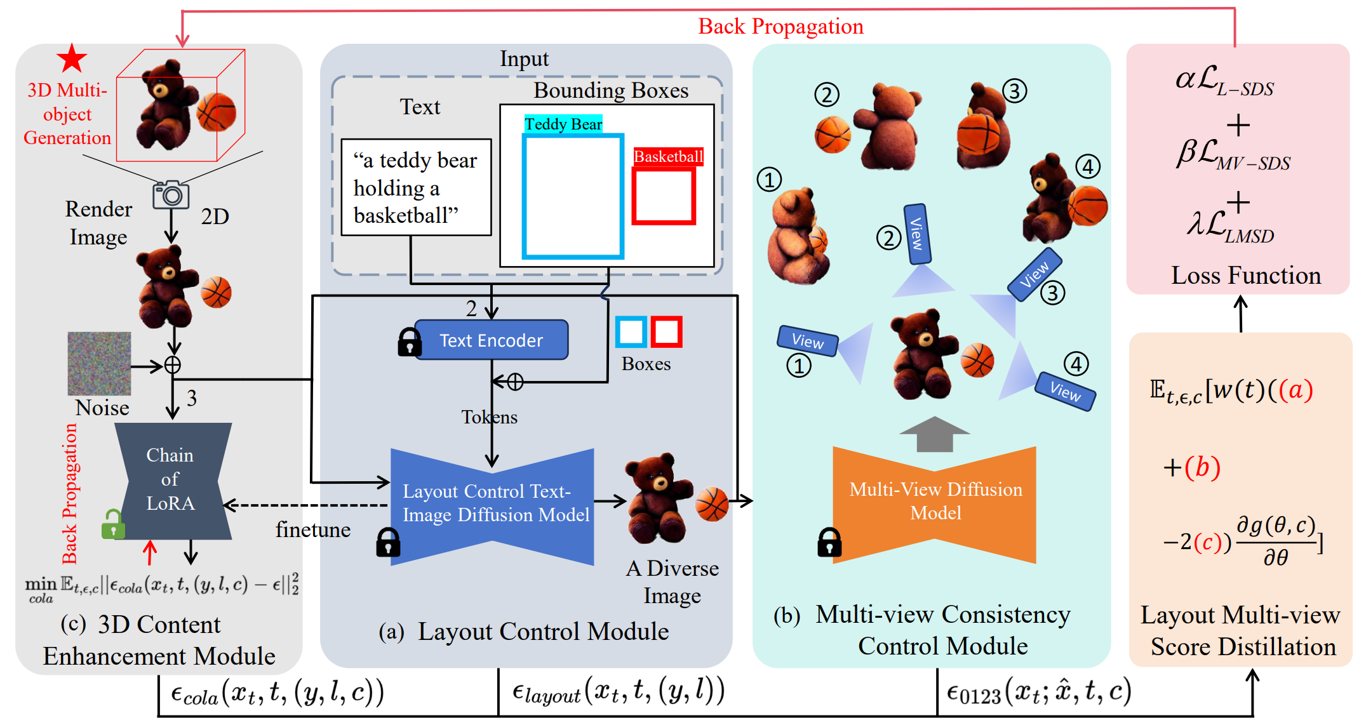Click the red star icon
72,58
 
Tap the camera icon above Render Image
171,195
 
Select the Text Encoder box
491,340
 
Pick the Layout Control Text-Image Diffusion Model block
493,505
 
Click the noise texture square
99,363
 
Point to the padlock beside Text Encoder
409,342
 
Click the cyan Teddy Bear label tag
563,124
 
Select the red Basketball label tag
668,156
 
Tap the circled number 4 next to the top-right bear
1088,167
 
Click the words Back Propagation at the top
780,27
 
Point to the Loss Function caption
1245,276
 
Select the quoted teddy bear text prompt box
416,187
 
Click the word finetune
313,529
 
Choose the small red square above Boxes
666,331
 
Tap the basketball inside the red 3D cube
217,112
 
